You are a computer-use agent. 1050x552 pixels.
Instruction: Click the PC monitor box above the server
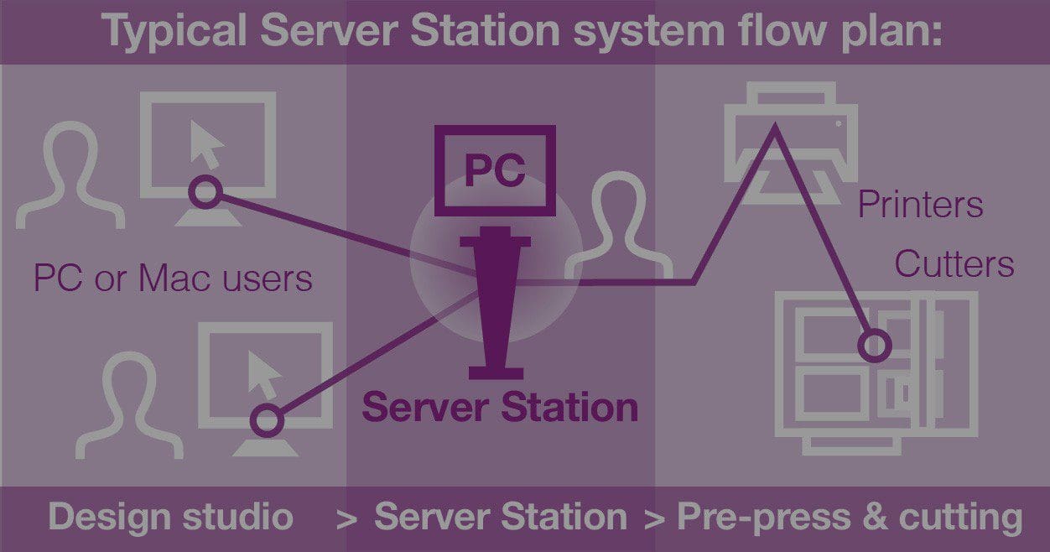[x=495, y=169]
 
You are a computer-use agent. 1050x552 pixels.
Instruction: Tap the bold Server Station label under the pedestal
[x=500, y=408]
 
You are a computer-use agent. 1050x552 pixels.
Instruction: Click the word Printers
[x=920, y=206]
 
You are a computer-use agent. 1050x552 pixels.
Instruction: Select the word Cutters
[x=954, y=264]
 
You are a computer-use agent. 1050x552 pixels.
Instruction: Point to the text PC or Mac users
[x=173, y=279]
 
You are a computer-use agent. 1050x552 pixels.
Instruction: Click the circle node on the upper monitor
[x=204, y=193]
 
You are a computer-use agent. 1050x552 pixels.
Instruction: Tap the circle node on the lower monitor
[x=268, y=419]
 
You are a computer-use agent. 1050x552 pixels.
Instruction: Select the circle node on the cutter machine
[x=874, y=345]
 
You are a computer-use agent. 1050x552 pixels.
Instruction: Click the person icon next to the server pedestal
[x=618, y=227]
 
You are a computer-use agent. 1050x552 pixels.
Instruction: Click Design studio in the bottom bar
[x=170, y=517]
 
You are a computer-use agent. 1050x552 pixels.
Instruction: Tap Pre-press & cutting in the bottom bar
[x=850, y=517]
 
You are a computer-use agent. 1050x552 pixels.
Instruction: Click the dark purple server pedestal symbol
[x=495, y=302]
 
